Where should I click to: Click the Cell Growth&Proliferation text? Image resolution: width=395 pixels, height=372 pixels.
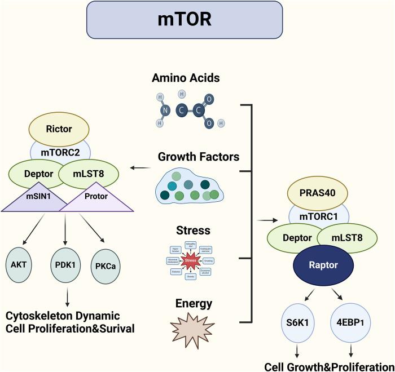[327, 365]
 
